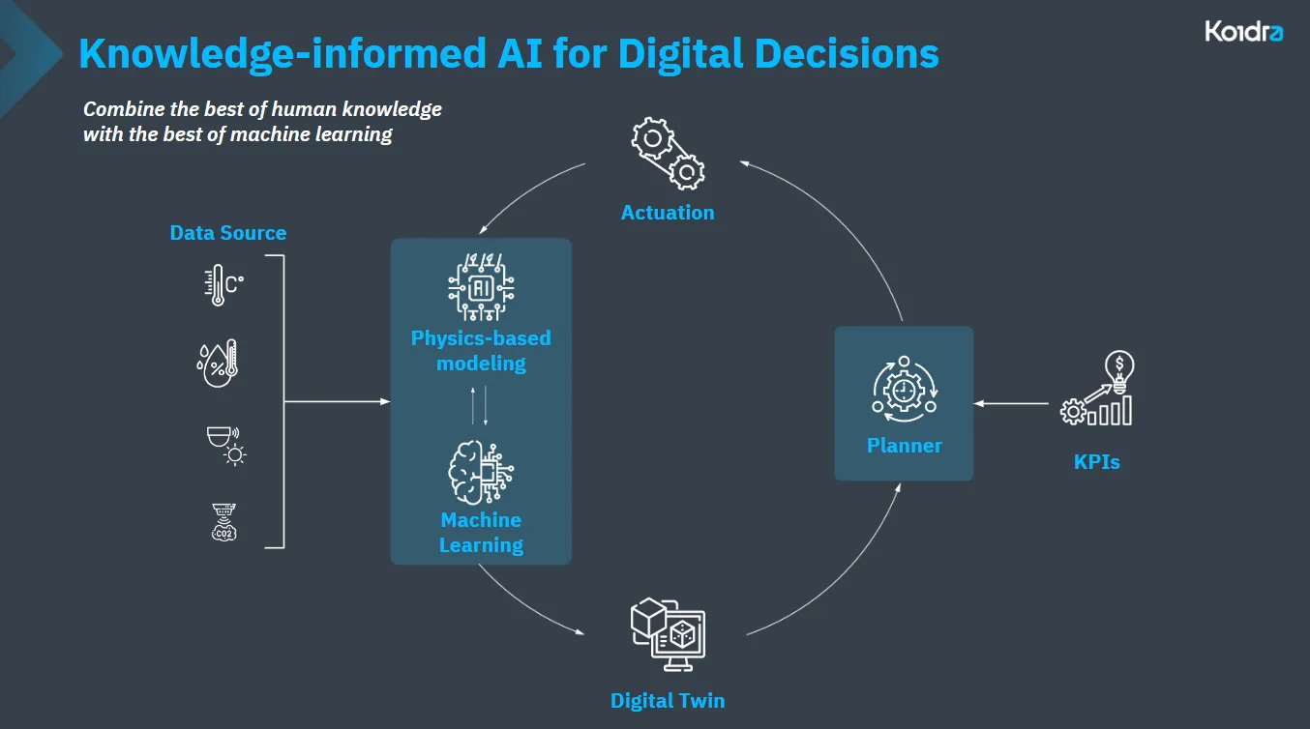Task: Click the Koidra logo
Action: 1244,31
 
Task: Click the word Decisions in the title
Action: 847,54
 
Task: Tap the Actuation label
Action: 668,212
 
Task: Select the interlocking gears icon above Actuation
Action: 668,153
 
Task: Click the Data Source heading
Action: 228,233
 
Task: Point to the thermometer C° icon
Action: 223,284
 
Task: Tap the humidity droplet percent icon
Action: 218,363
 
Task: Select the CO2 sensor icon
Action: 224,522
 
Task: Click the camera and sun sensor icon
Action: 227,446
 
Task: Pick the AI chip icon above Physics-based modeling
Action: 481,287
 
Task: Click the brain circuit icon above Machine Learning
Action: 481,473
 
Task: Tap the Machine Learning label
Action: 481,533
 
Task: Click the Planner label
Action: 905,446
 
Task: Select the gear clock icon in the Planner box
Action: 905,390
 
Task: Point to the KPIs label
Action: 1096,462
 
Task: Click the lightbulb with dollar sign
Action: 1119,371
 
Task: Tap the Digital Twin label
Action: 668,700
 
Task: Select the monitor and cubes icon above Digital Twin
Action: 668,634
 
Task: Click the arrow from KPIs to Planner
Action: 1011,403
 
